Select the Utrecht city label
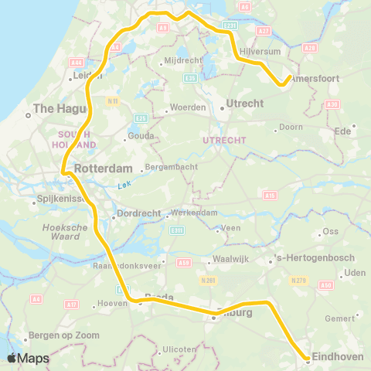click(247, 101)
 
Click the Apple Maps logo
click(28, 358)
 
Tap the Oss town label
click(330, 231)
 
